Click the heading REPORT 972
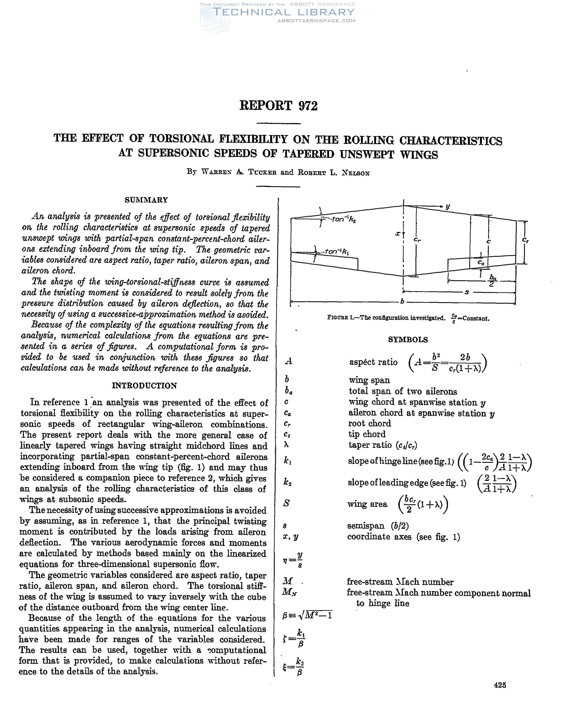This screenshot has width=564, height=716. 278,106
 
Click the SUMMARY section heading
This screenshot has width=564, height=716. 146,200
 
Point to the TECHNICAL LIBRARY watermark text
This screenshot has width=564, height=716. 284,12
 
